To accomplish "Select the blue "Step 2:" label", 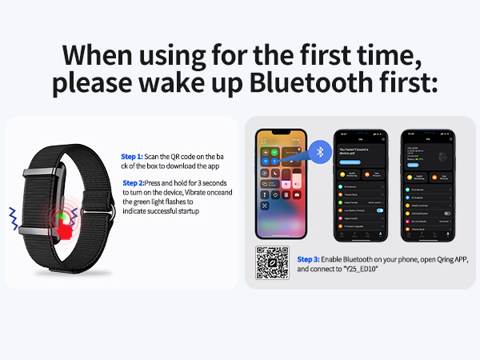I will tap(134, 183).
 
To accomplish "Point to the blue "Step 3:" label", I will tap(308, 260).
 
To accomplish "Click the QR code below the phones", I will tap(272, 262).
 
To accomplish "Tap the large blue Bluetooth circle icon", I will tap(322, 151).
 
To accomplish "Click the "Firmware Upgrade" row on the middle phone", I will tap(356, 226).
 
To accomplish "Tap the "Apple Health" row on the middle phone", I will tap(356, 218).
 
